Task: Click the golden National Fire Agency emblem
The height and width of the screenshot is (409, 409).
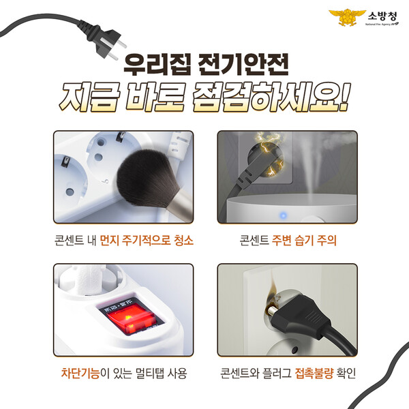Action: click(x=347, y=17)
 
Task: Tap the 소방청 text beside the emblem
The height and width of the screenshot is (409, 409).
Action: click(x=382, y=16)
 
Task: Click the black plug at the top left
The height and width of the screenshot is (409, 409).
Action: click(x=108, y=42)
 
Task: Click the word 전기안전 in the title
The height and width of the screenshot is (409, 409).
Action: click(x=243, y=65)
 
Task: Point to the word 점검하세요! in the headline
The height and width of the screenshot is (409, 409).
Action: click(x=271, y=97)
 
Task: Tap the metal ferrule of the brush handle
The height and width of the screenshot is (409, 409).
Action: click(x=180, y=206)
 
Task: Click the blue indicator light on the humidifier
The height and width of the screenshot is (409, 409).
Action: click(x=283, y=215)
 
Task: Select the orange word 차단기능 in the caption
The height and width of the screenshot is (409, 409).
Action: click(x=80, y=373)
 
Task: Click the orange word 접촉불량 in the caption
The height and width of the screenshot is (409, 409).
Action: click(x=314, y=373)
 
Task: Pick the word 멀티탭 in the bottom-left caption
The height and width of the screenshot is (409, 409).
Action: click(x=150, y=373)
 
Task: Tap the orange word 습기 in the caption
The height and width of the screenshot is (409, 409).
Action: click(x=304, y=241)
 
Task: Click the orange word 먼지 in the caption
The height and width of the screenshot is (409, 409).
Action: click(x=110, y=241)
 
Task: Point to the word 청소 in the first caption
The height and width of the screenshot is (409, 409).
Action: click(x=184, y=241)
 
